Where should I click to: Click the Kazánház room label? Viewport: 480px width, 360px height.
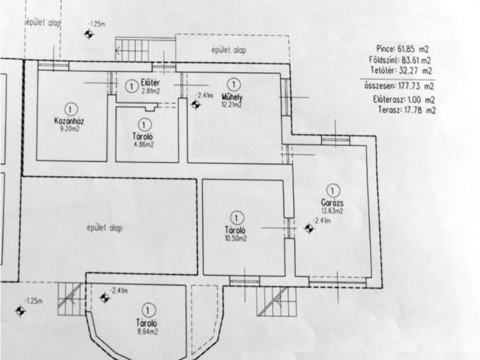click(x=69, y=121)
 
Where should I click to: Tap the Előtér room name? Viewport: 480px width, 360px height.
click(x=151, y=82)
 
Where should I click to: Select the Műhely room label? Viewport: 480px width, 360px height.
click(x=232, y=97)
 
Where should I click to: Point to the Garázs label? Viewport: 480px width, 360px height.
click(x=332, y=202)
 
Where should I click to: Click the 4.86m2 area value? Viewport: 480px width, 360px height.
click(x=143, y=144)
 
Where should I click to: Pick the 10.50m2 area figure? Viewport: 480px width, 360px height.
click(x=236, y=238)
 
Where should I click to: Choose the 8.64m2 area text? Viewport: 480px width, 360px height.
click(x=148, y=331)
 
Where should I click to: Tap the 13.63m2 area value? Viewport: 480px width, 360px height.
click(x=332, y=211)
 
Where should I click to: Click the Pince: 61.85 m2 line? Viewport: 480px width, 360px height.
click(x=402, y=49)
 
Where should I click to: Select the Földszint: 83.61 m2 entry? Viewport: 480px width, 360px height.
click(x=400, y=59)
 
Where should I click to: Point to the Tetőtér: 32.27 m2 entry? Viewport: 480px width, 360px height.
click(x=401, y=70)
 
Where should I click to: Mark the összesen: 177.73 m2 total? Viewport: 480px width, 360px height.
click(x=399, y=86)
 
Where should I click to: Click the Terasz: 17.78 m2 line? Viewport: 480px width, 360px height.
click(x=407, y=110)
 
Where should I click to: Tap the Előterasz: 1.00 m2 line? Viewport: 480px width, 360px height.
click(x=404, y=100)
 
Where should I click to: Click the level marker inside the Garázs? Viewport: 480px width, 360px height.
click(x=309, y=229)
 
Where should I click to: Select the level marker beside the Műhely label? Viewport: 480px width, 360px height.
click(x=196, y=104)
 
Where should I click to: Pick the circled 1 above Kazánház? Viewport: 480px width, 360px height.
click(x=71, y=109)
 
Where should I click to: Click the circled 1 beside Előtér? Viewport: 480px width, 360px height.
click(x=131, y=86)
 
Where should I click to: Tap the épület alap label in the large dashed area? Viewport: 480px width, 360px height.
click(x=104, y=228)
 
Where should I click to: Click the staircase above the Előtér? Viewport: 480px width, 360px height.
click(x=132, y=49)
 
